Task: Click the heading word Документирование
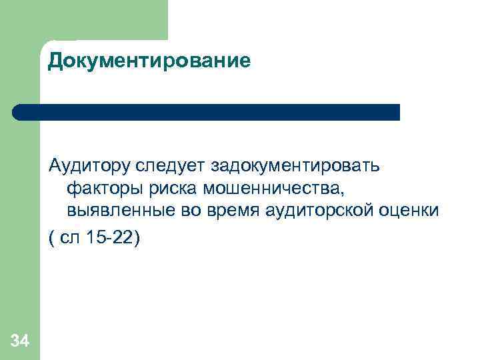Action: tap(149, 62)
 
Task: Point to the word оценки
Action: tap(410, 212)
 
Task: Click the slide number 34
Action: tap(20, 341)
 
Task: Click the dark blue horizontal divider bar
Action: tap(213, 112)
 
